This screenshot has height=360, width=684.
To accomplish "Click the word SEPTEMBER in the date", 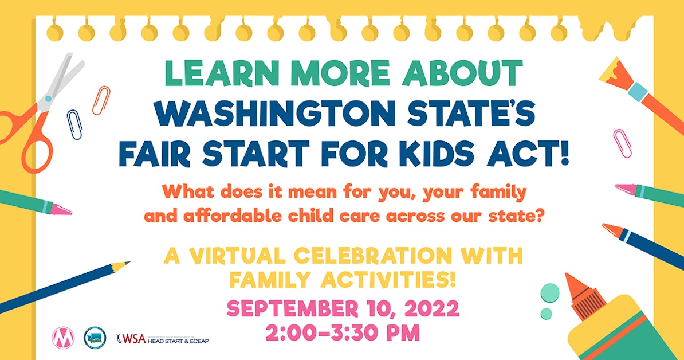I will pos(295,309).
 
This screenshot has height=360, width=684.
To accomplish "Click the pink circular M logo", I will pos(62,336).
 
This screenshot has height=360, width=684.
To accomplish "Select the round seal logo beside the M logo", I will pos(94,336).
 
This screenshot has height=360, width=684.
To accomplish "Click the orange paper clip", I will pos(101,100).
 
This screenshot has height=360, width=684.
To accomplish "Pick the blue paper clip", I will pos(74,123).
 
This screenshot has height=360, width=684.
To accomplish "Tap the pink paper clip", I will pos(622,143).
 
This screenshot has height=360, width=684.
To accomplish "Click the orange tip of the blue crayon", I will pos(611,229).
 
